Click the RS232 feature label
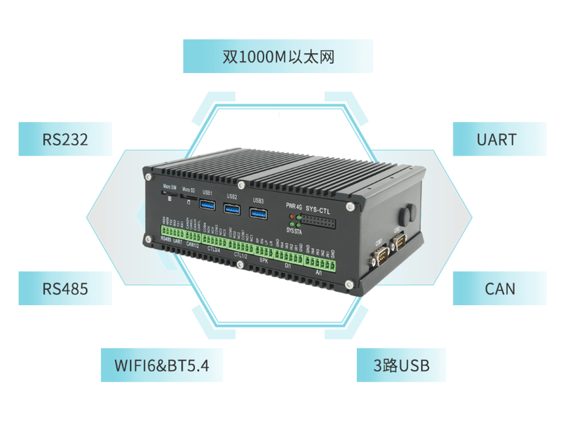pos(65,139)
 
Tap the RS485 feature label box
pos(65,288)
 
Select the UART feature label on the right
pos(496,139)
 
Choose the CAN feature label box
pos(499,288)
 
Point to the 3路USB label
pos(401,365)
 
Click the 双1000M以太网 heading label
pos(278,57)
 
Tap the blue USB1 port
pos(208,205)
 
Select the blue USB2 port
pos(233,209)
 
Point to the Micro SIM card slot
pos(168,198)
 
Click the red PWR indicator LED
pos(291,216)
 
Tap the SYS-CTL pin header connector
pos(320,224)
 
